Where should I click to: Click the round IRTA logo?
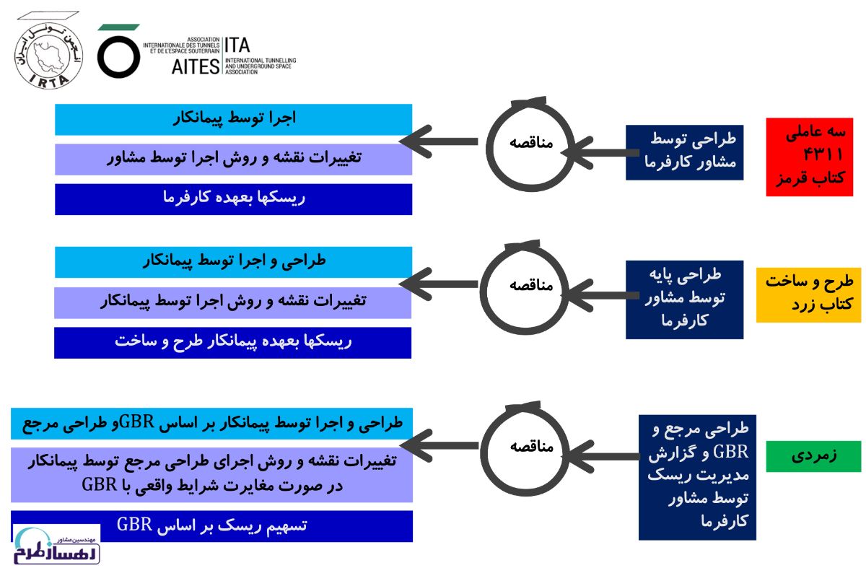49,56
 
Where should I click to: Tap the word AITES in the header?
196,66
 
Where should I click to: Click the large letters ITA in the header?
237,45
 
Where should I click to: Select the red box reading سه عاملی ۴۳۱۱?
810,157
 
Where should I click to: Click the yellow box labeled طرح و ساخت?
809,295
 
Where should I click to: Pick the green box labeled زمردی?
814,456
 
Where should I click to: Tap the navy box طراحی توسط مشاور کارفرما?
685,152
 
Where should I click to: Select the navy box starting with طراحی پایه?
685,300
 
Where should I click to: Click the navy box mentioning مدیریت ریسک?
697,478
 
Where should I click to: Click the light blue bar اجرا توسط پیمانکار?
234,120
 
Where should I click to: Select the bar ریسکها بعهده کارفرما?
234,199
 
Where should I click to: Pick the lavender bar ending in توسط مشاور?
234,160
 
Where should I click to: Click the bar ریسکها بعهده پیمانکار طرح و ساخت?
232,343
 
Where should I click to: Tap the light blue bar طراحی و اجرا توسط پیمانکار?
234,262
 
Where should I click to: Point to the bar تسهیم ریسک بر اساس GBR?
212,526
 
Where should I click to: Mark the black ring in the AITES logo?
118,57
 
